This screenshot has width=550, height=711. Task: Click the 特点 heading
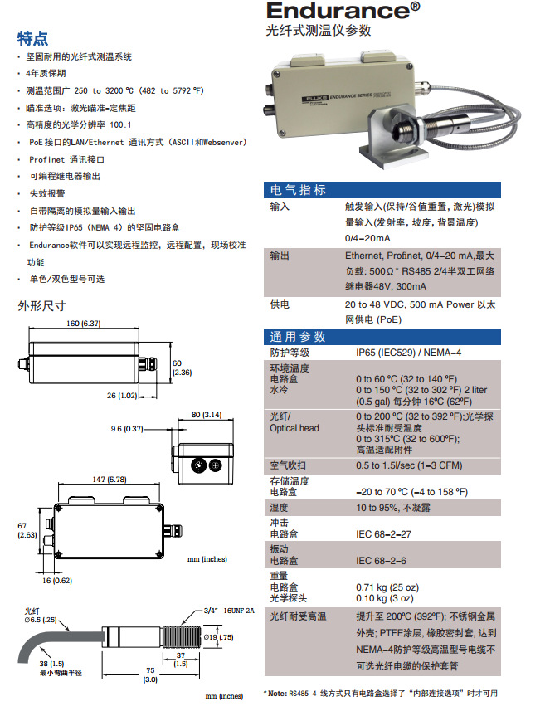[x=32, y=38]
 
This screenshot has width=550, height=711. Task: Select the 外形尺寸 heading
[x=41, y=305]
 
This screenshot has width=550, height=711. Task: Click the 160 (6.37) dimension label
[x=84, y=323]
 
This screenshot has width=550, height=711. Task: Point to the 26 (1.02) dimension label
[x=123, y=396]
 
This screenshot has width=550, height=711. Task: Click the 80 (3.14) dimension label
[x=207, y=414]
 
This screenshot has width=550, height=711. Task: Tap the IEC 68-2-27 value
[x=384, y=534]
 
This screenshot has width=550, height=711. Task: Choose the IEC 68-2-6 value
[x=382, y=561]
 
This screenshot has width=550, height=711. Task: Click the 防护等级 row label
[x=287, y=353]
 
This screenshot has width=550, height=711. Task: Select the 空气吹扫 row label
[x=287, y=465]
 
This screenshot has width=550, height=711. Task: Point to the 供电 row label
[x=280, y=304]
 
